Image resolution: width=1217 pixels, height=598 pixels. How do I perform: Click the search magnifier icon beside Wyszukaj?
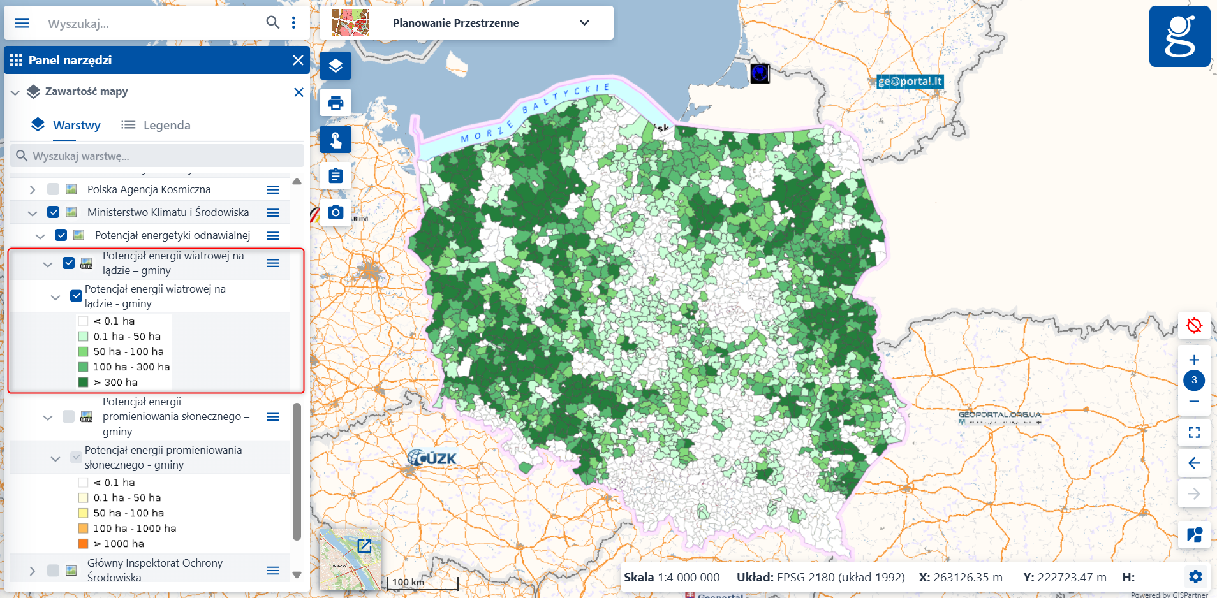click(272, 22)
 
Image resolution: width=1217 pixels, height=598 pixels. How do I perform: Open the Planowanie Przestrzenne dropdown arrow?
click(584, 23)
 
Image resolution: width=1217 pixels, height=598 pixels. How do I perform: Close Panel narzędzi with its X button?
click(298, 60)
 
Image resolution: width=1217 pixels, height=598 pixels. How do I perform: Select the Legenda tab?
click(156, 125)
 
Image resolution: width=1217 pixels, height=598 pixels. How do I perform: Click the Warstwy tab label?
click(77, 125)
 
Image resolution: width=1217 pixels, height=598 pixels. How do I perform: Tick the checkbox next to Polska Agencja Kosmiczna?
click(53, 189)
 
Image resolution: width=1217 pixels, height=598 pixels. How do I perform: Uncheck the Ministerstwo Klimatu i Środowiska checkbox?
click(54, 212)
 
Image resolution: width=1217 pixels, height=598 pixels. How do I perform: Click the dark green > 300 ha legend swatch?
click(83, 383)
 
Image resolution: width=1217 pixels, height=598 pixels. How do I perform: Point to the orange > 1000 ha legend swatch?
click(83, 544)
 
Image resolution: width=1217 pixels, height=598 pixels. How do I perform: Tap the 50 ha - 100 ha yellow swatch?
click(83, 513)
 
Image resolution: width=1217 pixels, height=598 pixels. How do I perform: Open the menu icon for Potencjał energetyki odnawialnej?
click(272, 235)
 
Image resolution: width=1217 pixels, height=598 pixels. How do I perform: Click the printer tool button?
click(336, 103)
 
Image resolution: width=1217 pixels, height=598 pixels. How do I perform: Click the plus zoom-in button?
click(1194, 360)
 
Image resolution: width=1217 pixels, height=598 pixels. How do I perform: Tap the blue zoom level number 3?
click(1194, 380)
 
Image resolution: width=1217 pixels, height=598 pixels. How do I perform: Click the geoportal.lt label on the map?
click(910, 81)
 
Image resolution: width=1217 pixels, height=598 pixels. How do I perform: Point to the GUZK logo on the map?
click(432, 458)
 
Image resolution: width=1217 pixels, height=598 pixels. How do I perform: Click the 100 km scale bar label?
click(408, 582)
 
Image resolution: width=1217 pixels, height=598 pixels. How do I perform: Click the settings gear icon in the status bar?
click(1195, 577)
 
